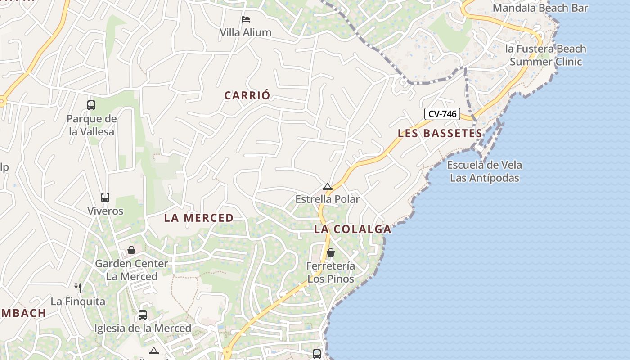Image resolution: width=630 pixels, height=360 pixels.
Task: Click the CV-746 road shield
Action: tap(442, 114)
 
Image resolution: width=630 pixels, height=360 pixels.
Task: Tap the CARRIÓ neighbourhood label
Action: tap(247, 95)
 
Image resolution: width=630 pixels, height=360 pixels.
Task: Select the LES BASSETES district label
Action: tap(440, 133)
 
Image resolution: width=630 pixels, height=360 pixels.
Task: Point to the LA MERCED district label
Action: tap(199, 218)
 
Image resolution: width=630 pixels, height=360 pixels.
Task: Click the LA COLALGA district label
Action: tap(352, 229)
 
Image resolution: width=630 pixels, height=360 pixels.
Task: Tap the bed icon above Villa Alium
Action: tap(246, 19)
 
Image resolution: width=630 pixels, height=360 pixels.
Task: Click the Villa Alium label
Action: tap(246, 32)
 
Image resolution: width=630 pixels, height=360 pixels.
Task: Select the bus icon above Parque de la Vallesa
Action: tap(91, 105)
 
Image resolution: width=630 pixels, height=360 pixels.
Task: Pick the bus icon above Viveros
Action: tap(105, 198)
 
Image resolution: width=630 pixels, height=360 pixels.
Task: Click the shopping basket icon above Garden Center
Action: tap(131, 250)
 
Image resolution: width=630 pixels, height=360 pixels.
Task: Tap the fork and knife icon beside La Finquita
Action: tap(78, 288)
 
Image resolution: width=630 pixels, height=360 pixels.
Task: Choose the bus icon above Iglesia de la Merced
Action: tap(143, 315)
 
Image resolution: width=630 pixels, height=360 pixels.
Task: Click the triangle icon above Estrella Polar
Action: tap(327, 186)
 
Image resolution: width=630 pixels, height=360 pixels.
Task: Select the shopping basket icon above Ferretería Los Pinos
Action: tap(331, 252)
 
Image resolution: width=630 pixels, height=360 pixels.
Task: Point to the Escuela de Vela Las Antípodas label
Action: tap(484, 171)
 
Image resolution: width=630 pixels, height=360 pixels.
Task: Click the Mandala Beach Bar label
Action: tap(540, 8)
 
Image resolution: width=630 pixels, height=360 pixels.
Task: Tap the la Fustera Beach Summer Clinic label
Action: tap(545, 55)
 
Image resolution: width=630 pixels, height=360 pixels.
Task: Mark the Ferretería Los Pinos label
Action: tap(331, 272)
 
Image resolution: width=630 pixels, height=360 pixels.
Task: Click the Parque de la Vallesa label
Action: tap(91, 125)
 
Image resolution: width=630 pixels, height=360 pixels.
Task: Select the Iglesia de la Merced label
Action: tap(143, 328)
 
